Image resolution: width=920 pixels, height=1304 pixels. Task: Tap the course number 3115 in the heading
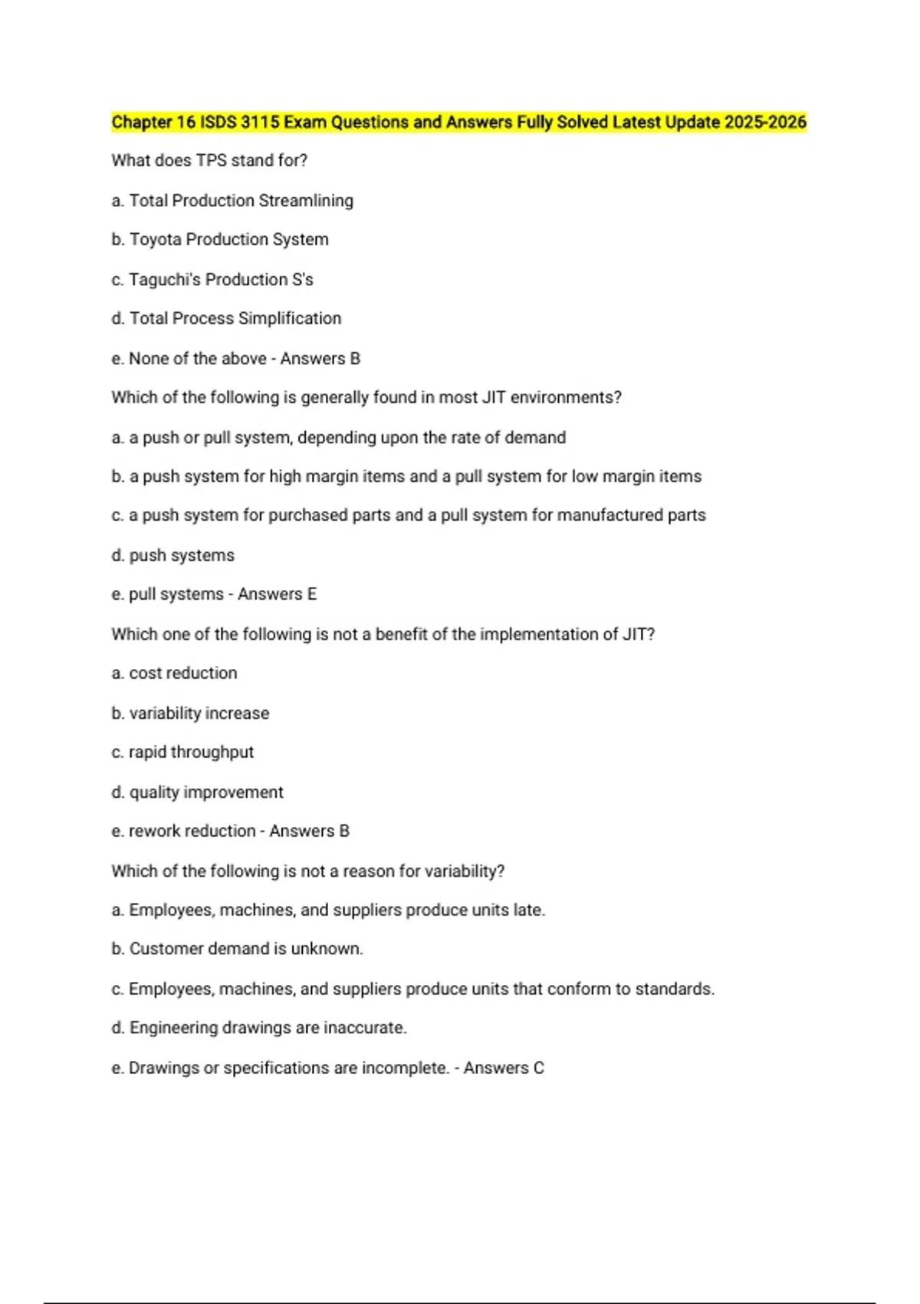pyautogui.click(x=260, y=122)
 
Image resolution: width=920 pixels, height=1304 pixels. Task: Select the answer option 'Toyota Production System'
pyautogui.click(x=228, y=239)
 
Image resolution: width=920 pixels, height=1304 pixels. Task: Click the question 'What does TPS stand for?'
pyautogui.click(x=209, y=160)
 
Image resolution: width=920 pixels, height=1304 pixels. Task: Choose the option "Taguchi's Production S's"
pyautogui.click(x=221, y=279)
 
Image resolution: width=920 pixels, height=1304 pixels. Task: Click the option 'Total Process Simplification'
pyautogui.click(x=235, y=318)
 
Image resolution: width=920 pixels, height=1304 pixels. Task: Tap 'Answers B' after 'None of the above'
pyautogui.click(x=320, y=358)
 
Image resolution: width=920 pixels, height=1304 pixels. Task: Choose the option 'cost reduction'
pyautogui.click(x=182, y=673)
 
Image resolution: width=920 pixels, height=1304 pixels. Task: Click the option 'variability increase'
pyautogui.click(x=199, y=713)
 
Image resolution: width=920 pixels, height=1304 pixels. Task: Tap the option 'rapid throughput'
pyautogui.click(x=191, y=752)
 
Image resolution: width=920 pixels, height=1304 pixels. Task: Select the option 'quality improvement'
pyautogui.click(x=205, y=792)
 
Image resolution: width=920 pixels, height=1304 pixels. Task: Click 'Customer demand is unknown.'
pyautogui.click(x=245, y=949)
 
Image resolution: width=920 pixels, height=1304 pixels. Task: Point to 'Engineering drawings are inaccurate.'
pyautogui.click(x=268, y=1028)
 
